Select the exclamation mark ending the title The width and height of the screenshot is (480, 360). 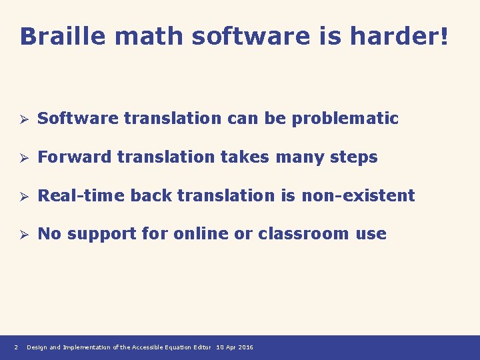(x=443, y=37)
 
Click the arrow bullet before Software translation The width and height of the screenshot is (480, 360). (x=22, y=119)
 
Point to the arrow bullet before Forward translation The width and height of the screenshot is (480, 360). (x=22, y=158)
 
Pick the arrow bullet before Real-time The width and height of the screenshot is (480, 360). (x=22, y=196)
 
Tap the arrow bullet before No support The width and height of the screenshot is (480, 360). (x=22, y=234)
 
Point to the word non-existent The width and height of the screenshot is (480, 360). (x=358, y=195)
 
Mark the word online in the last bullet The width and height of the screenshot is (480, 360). (x=197, y=233)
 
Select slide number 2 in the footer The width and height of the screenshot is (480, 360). (x=15, y=347)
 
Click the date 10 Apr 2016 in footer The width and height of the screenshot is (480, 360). (x=235, y=347)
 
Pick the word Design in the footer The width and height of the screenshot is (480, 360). (x=37, y=347)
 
